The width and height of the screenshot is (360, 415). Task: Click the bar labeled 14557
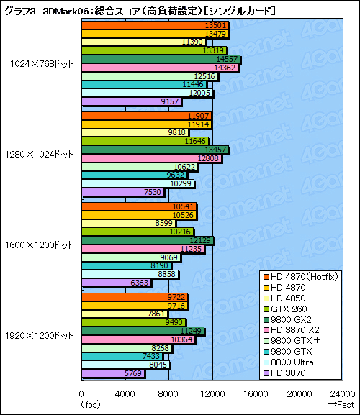[x=161, y=59]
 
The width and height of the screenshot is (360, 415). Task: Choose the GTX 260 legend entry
[x=295, y=307]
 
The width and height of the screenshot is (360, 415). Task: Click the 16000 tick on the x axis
[x=256, y=393]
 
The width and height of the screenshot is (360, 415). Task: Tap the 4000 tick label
[x=125, y=393]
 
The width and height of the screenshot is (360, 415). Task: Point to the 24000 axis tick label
[x=343, y=393]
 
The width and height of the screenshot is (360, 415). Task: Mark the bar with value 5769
[x=114, y=373]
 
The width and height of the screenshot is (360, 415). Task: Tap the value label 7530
[x=154, y=192]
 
